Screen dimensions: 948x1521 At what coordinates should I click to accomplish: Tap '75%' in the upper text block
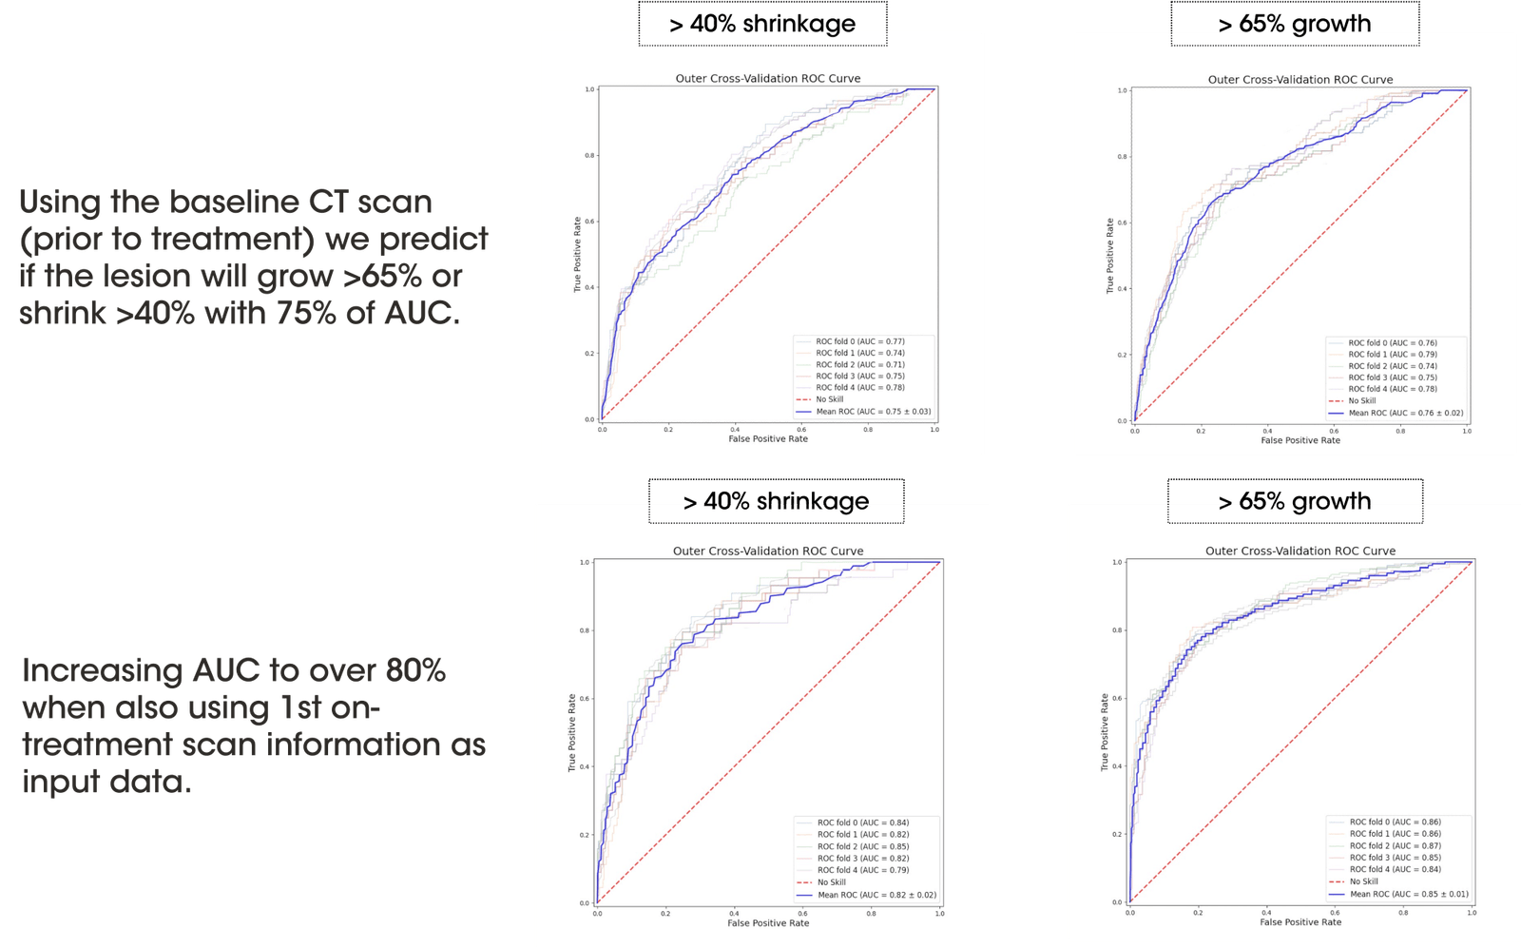[303, 312]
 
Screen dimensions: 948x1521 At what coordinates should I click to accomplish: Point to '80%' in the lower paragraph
[414, 670]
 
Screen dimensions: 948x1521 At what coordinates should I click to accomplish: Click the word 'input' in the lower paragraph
[63, 782]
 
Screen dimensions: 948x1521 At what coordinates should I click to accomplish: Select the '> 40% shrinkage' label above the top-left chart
[762, 24]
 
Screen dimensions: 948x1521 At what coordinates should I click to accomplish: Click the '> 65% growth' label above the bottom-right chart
[1295, 500]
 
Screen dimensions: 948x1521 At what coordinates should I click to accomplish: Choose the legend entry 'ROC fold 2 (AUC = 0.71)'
[859, 364]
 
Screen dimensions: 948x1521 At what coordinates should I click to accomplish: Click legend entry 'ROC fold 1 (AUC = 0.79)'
[1392, 354]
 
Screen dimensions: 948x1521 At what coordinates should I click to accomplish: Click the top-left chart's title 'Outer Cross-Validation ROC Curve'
[768, 78]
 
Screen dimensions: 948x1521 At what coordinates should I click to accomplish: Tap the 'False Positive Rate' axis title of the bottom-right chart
[1300, 921]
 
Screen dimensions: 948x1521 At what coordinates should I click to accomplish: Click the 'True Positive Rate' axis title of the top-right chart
[1109, 255]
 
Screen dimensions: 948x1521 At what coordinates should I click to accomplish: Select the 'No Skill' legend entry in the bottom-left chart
[831, 882]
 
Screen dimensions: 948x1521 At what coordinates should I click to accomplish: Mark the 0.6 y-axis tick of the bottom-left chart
[585, 698]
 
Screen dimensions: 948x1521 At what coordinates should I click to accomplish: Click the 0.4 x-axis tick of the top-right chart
[1267, 431]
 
